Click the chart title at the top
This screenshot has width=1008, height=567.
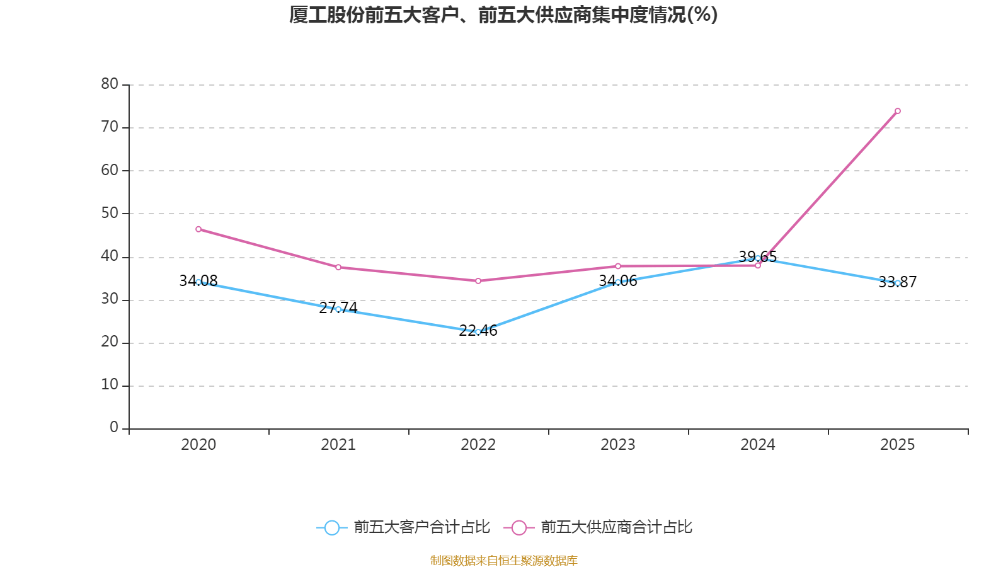503,15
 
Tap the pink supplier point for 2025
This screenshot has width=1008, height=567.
897,111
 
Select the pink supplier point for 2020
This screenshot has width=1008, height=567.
198,229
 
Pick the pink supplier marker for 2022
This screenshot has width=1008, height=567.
478,281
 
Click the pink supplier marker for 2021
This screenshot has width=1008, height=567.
338,268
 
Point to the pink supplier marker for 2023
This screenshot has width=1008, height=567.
618,266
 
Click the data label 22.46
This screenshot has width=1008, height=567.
478,331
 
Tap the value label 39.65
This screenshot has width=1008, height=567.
758,257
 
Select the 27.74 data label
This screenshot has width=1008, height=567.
338,308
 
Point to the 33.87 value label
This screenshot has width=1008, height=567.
897,282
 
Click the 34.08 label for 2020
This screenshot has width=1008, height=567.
198,281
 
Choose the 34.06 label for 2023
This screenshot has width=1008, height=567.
618,281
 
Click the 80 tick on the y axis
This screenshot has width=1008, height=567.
110,84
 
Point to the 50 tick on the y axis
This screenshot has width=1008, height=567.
110,214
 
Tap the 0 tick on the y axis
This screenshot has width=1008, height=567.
114,428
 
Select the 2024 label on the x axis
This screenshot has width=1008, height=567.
758,445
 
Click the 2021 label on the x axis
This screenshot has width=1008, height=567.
338,445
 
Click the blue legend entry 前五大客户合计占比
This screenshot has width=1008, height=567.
403,527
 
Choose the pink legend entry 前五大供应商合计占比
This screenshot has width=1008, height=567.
598,527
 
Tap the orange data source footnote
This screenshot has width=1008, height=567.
503,560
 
